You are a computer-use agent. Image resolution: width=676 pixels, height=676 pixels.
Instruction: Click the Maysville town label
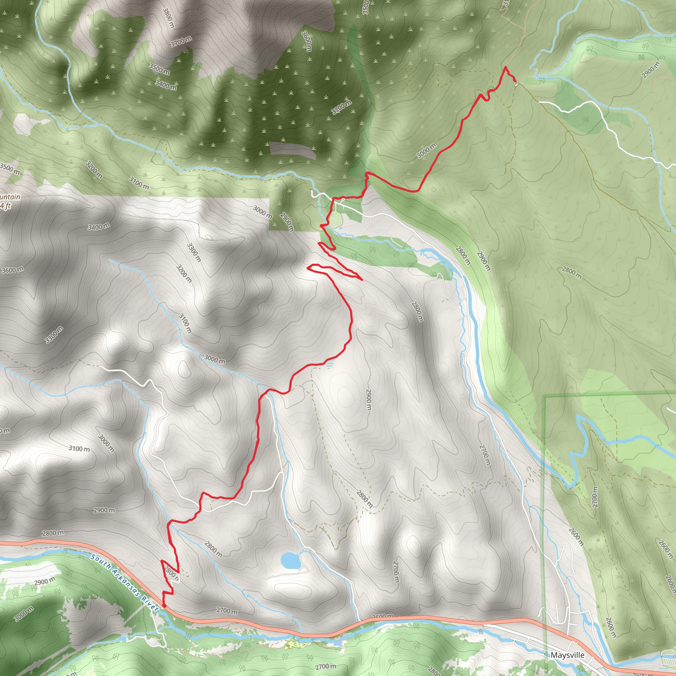point(567,655)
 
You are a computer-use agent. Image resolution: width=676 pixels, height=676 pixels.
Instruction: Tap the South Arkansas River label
point(124,582)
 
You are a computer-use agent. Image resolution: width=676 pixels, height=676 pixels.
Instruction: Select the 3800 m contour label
point(168,18)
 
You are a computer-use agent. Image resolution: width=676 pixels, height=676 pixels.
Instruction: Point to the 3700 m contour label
point(181,41)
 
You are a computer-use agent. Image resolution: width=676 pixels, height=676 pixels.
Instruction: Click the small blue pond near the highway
point(290,560)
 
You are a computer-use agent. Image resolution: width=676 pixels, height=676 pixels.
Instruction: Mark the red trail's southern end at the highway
point(164,605)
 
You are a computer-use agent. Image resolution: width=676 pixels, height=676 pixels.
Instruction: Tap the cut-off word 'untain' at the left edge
point(10,197)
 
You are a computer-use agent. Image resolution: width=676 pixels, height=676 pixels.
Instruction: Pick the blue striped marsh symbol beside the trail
point(330,365)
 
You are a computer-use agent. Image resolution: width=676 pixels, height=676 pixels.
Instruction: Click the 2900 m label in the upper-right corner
point(651,70)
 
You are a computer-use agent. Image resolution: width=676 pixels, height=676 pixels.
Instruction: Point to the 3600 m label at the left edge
point(12,270)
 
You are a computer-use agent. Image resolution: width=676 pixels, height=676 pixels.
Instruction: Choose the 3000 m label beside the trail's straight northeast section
point(426,151)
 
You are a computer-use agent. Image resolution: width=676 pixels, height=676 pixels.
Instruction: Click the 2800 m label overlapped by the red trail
point(171,573)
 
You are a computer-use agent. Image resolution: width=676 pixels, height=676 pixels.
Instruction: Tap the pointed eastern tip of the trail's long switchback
point(361,279)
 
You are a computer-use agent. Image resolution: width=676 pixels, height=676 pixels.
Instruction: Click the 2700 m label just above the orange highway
point(227,611)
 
